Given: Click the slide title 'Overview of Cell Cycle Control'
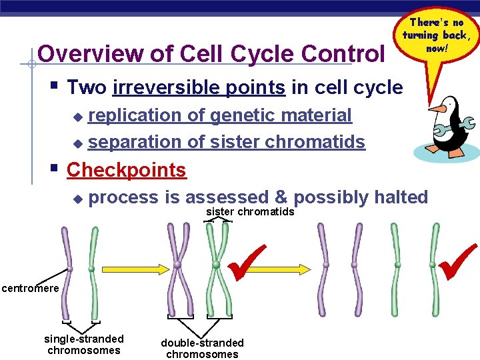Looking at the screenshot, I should [x=211, y=53].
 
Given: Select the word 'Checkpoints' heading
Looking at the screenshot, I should [x=126, y=170].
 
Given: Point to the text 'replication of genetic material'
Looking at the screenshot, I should [x=220, y=115].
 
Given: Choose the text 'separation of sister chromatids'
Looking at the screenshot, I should [x=227, y=142].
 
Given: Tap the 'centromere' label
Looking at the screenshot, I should [x=30, y=289].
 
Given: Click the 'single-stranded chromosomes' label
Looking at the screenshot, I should [x=83, y=345].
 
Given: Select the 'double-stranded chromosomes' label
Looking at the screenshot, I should [x=202, y=348].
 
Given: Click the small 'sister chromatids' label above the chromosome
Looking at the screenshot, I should [x=250, y=212].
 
